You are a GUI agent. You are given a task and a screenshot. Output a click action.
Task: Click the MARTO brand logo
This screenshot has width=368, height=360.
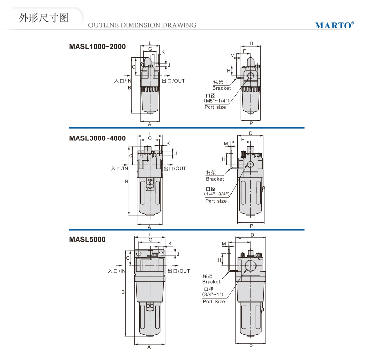tap(335, 25)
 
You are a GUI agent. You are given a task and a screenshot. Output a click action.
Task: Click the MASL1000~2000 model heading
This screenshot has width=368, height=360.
tap(97, 47)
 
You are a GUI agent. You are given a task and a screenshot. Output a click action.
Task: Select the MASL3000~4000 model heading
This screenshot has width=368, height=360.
tap(97, 138)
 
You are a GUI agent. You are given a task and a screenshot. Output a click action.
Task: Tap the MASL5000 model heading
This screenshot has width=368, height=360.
tap(87, 240)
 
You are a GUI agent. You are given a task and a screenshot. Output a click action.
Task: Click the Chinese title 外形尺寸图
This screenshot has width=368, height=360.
tap(44, 18)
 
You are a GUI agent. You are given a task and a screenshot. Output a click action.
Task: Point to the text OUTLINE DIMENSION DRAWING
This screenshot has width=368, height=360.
tap(142, 25)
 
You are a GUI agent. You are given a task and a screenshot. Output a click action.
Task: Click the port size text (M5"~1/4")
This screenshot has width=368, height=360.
tap(216, 101)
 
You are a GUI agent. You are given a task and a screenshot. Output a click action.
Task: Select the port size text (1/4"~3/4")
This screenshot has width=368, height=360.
tap(216, 194)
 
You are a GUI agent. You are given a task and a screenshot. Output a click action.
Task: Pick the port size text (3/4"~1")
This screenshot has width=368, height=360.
tap(212, 294)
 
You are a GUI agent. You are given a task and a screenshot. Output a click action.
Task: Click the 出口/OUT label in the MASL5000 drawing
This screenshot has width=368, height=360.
tap(179, 271)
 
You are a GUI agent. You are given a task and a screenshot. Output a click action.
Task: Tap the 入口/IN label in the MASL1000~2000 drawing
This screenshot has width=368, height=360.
tap(123, 81)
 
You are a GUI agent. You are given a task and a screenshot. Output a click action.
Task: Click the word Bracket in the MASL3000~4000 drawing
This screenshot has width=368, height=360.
tap(215, 179)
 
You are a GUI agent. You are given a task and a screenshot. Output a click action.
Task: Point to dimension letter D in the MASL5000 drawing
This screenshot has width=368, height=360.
tap(252, 235)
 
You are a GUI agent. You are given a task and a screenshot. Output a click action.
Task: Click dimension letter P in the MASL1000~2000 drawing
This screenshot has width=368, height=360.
tap(251, 123)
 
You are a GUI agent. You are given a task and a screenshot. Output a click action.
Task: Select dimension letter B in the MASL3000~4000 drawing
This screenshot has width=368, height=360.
tap(127, 181)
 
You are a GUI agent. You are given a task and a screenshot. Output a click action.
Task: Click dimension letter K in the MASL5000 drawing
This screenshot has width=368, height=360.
tap(170, 244)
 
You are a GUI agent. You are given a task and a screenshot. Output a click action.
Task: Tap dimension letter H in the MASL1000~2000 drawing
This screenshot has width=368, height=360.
tap(229, 71)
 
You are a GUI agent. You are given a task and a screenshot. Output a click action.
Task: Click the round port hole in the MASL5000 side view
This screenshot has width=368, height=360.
tap(251, 266)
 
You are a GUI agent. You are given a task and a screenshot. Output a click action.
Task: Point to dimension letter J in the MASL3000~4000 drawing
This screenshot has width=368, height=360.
tap(176, 153)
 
